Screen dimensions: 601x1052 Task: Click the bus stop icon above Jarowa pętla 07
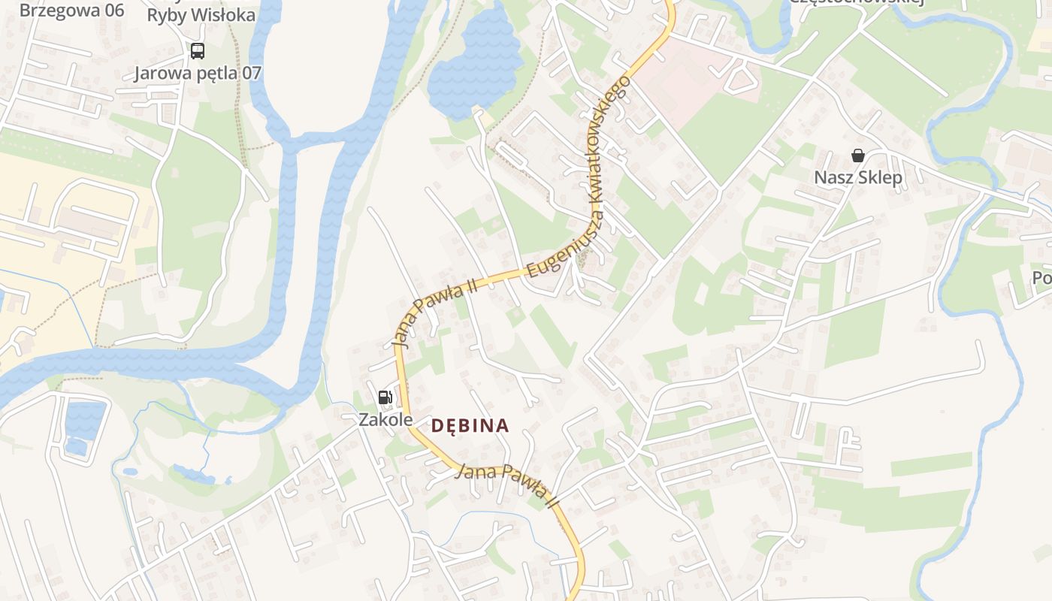[x=197, y=51]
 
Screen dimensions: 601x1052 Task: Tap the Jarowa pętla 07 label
[x=198, y=74]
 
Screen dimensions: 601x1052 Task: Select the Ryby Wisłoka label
[x=201, y=15]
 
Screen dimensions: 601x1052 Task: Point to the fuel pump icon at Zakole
[x=385, y=397]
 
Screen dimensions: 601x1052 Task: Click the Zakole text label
[x=385, y=419]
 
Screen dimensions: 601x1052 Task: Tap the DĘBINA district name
[x=470, y=426]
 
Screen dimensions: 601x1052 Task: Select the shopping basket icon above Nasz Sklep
[x=857, y=156]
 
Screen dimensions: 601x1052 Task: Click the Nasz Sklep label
[x=858, y=178]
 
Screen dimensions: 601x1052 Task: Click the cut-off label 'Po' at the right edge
[x=1041, y=278]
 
